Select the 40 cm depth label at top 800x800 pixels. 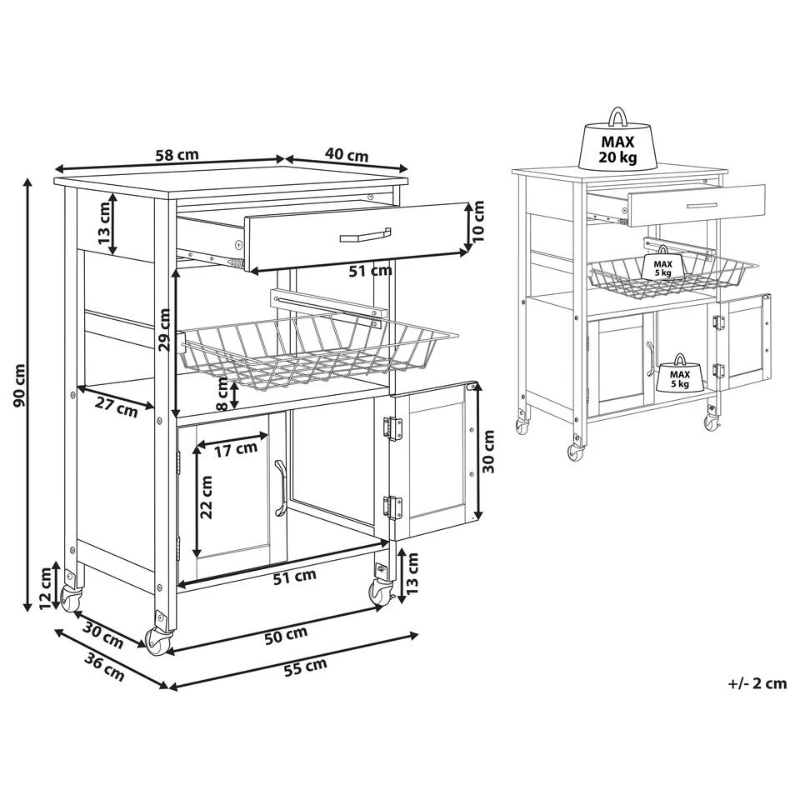[346, 154]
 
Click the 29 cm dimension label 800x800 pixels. [164, 331]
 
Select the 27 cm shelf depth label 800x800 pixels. [115, 408]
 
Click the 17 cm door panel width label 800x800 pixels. [235, 450]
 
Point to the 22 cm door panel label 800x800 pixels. [206, 498]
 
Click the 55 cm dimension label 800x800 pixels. [303, 666]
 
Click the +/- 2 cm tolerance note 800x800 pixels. [757, 683]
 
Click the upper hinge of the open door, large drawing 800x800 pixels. [389, 428]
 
